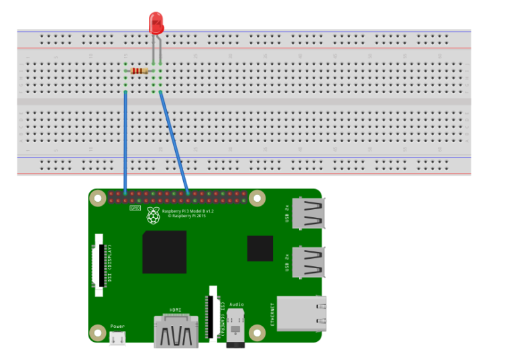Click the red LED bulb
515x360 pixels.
[156, 23]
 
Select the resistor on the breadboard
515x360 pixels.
[140, 70]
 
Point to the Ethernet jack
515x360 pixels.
[302, 314]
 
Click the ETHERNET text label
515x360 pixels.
[273, 313]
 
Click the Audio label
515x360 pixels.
[236, 304]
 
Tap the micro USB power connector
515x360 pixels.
[117, 338]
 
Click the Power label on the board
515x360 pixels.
[117, 326]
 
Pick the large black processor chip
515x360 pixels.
[164, 252]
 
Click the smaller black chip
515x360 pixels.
[260, 248]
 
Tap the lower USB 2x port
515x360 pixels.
[310, 261]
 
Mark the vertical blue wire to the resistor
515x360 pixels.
[125, 141]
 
